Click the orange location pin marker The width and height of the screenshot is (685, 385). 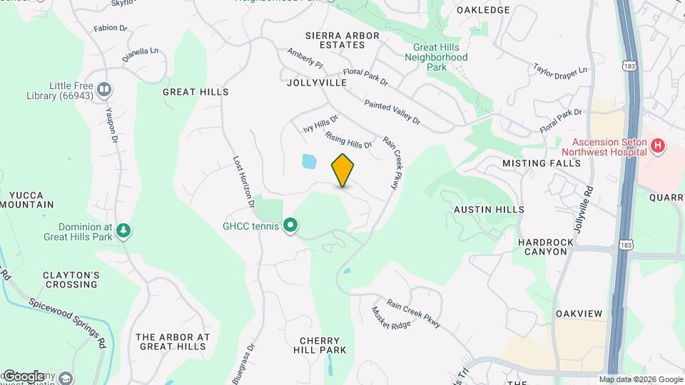click(343, 170)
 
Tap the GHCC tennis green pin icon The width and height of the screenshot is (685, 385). click(290, 226)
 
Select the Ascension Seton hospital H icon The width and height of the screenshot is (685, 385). click(658, 147)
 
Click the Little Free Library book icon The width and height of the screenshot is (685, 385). click(104, 89)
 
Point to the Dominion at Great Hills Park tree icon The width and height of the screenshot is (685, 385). click(124, 230)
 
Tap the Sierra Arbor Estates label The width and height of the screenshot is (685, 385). click(335, 40)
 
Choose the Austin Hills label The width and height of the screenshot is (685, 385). click(489, 210)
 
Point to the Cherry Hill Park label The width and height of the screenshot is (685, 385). click(320, 345)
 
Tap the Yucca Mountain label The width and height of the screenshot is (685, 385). click(27, 200)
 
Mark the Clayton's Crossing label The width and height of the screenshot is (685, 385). click(70, 279)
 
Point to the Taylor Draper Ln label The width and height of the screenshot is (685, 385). click(560, 70)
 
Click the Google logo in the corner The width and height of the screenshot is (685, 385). click(24, 376)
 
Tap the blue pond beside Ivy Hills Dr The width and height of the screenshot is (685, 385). click(309, 162)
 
